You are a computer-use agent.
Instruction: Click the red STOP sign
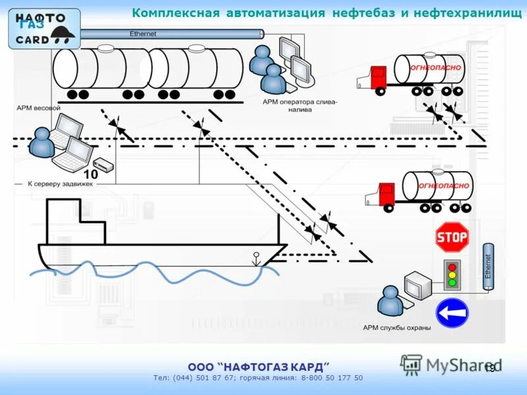tap(452, 237)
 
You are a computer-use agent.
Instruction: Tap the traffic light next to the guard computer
tap(452, 275)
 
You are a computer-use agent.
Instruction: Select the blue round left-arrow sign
tap(452, 313)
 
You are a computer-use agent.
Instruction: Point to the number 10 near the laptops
tap(90, 174)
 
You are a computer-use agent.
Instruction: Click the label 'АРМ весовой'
tap(39, 107)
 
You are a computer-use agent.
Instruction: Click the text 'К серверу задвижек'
tap(61, 184)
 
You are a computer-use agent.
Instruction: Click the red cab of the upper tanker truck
tap(377, 78)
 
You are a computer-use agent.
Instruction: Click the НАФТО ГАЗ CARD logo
tap(43, 28)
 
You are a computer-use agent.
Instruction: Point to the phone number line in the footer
tap(258, 378)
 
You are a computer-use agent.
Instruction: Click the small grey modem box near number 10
tap(103, 164)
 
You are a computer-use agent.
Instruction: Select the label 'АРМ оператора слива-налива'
tap(300, 106)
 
